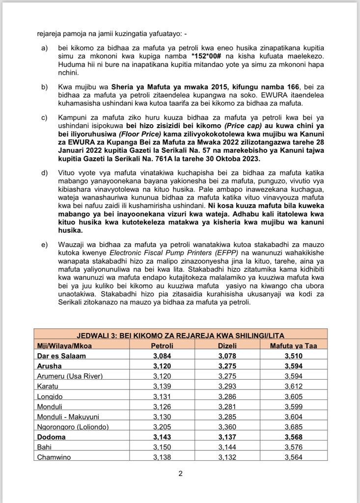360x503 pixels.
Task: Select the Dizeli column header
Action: pos(228,345)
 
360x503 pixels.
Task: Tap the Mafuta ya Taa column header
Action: pos(293,345)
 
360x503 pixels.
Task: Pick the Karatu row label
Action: pos(47,386)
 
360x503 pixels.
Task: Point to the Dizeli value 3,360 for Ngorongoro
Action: pos(228,427)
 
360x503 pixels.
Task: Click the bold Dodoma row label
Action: pos(51,437)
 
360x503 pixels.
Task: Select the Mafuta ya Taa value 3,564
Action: pos(293,457)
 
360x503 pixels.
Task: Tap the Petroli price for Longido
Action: pos(162,396)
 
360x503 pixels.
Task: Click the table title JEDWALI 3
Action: pos(180,335)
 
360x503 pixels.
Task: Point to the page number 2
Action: pos(180,474)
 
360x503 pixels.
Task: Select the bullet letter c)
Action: pos(45,118)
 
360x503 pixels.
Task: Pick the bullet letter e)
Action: pos(45,245)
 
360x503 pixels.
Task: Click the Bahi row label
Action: pos(44,447)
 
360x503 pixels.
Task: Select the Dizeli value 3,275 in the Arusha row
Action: pos(228,365)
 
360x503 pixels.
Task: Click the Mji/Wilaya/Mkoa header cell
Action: pos(64,345)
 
